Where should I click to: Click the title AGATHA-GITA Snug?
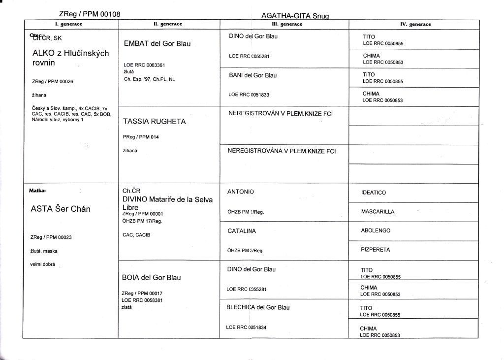coord(295,16)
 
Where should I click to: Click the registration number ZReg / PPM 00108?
coord(90,15)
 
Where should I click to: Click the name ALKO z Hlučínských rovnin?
coord(70,58)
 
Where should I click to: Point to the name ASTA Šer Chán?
coord(61,208)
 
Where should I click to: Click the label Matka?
coord(38,189)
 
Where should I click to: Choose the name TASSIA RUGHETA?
coord(154,121)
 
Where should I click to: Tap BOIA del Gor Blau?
coord(151,277)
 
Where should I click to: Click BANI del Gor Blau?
coord(253,75)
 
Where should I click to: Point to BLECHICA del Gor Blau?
coord(258,307)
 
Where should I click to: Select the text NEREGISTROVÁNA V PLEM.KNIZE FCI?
coord(282,151)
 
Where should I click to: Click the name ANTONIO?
coord(241,192)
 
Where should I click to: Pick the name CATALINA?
coord(242,230)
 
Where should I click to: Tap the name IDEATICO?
coord(374,193)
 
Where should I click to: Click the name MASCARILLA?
coord(378,212)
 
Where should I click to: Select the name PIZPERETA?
coord(376,250)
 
